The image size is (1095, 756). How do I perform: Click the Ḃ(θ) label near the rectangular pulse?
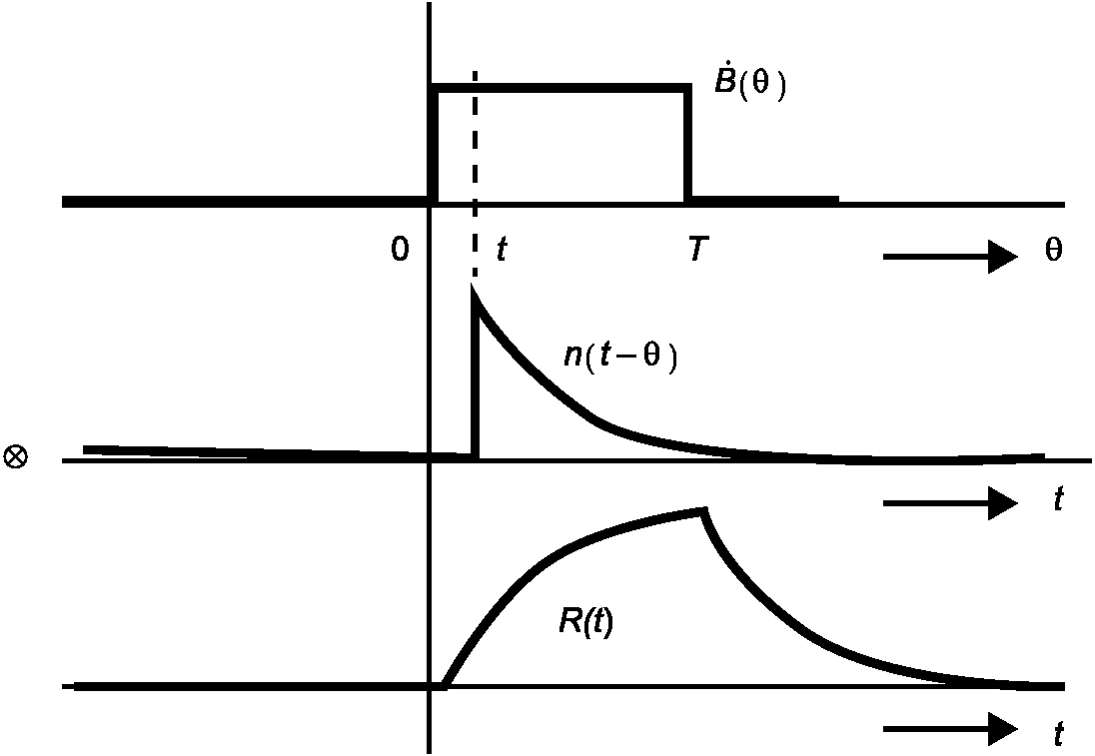click(749, 86)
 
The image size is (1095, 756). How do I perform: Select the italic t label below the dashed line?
click(501, 250)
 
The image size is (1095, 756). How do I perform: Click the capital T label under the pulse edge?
click(697, 250)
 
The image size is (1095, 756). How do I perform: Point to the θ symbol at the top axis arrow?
click(1053, 251)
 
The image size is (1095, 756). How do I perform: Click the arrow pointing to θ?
click(949, 257)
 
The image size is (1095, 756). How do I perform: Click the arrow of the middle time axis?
click(949, 502)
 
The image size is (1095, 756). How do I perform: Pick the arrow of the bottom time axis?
click(949, 729)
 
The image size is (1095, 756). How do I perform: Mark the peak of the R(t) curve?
click(704, 511)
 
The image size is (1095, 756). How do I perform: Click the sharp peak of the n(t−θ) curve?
click(474, 290)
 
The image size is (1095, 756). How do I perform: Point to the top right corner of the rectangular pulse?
click(687, 90)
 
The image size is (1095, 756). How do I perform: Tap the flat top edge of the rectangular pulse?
click(559, 90)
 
